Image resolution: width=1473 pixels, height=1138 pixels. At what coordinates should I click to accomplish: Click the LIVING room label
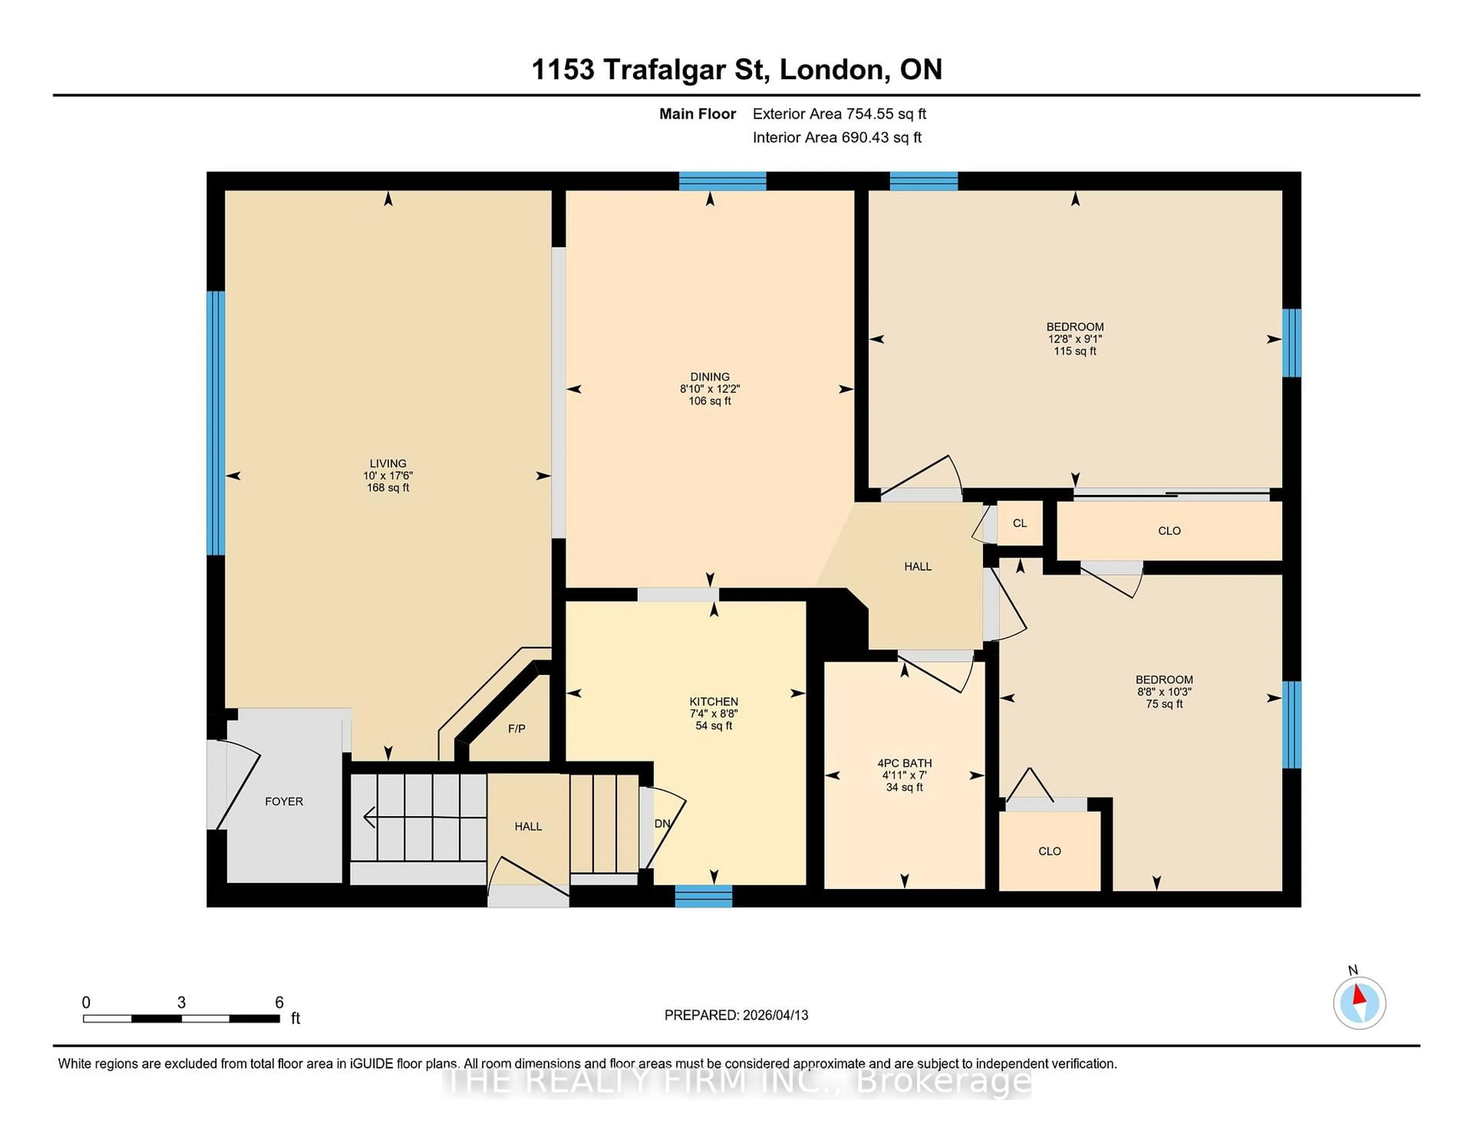tap(388, 463)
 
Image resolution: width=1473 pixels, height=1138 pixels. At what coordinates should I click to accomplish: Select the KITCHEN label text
tap(713, 701)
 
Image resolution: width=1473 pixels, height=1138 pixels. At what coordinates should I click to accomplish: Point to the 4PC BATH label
tap(905, 763)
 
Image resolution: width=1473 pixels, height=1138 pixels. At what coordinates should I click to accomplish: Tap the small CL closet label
tap(1020, 523)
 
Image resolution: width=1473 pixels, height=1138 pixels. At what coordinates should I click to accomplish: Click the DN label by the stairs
tap(662, 823)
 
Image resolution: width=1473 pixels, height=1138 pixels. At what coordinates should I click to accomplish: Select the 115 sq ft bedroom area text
tap(1075, 351)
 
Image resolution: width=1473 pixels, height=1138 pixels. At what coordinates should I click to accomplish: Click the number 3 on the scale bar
tap(181, 1003)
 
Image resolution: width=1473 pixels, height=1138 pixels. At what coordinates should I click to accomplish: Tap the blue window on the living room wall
tap(215, 423)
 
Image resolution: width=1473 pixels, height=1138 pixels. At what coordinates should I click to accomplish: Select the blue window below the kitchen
tap(704, 896)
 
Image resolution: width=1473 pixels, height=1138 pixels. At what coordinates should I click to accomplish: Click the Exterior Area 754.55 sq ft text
tap(839, 114)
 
